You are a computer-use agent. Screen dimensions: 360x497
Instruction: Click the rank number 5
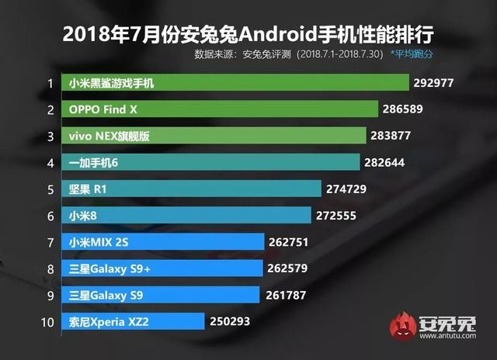49,189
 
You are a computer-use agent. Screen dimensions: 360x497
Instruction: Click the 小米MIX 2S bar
164,242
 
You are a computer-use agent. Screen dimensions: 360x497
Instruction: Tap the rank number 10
49,321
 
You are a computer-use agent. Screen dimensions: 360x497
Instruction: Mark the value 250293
231,321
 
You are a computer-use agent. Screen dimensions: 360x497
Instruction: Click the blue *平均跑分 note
433,55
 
